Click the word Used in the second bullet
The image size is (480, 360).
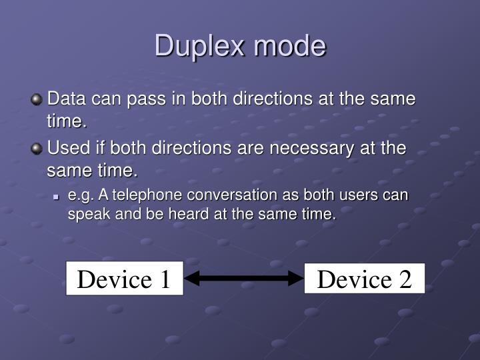click(x=66, y=147)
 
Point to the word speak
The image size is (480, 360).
click(x=86, y=215)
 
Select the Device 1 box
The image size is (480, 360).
click(x=125, y=279)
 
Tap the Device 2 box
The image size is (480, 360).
click(x=364, y=279)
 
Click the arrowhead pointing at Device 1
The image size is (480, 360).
click(x=192, y=279)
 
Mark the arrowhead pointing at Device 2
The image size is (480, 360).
click(x=296, y=279)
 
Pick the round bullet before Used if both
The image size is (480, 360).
click(x=37, y=149)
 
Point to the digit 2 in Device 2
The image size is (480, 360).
click(x=405, y=279)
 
